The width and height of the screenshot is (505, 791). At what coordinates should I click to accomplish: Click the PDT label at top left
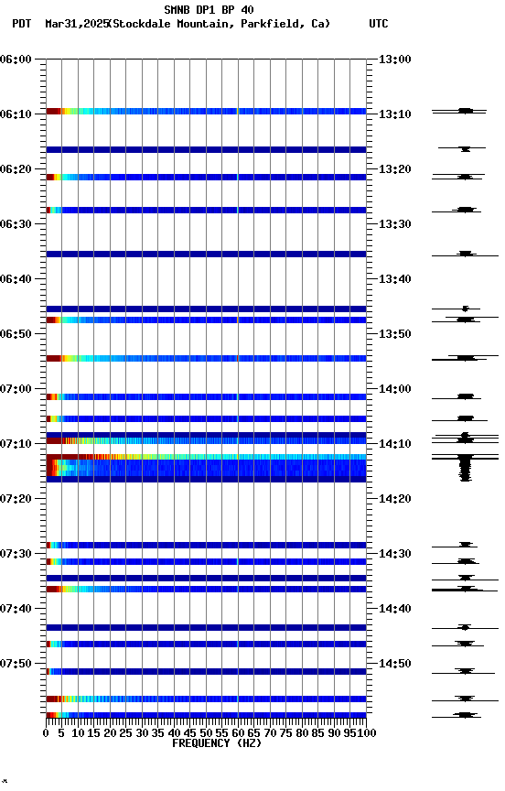[21, 24]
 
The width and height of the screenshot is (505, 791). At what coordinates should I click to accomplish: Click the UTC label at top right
[379, 24]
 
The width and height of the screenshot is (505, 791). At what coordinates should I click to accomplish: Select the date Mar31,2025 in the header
[75, 24]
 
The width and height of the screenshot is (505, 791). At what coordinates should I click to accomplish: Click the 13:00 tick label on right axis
[393, 60]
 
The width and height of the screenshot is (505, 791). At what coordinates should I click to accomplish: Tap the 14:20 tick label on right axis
[393, 499]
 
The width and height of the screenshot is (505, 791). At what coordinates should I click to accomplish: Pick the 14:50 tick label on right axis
[393, 664]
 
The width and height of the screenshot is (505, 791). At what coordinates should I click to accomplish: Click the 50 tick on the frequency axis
[206, 733]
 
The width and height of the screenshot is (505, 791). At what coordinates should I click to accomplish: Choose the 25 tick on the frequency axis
[126, 733]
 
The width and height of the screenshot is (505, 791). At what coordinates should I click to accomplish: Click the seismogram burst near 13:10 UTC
[465, 111]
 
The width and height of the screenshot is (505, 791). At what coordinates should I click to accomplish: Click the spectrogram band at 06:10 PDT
[206, 111]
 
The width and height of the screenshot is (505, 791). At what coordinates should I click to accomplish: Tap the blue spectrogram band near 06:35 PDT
[206, 254]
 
